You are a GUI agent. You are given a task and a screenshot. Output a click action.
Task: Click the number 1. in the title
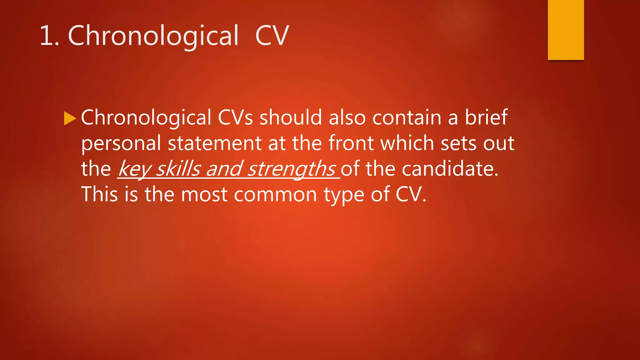click(49, 36)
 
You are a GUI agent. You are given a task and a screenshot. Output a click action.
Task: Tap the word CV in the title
click(272, 36)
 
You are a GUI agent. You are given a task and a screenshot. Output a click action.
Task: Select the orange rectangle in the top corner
click(566, 30)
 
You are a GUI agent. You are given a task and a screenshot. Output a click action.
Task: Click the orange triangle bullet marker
click(70, 118)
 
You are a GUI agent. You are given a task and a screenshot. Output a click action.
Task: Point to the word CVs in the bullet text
click(235, 118)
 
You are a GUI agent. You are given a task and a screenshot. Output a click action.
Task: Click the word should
click(291, 118)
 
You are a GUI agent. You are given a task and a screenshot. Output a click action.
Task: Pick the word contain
click(407, 118)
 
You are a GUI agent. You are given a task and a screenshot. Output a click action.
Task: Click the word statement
click(214, 143)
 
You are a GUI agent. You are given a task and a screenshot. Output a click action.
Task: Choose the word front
click(351, 143)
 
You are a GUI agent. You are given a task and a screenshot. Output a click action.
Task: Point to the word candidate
click(450, 169)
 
